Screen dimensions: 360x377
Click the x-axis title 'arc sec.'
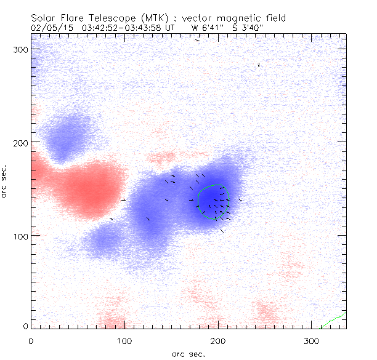[x=187, y=353]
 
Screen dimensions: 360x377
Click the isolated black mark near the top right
[x=259, y=65]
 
